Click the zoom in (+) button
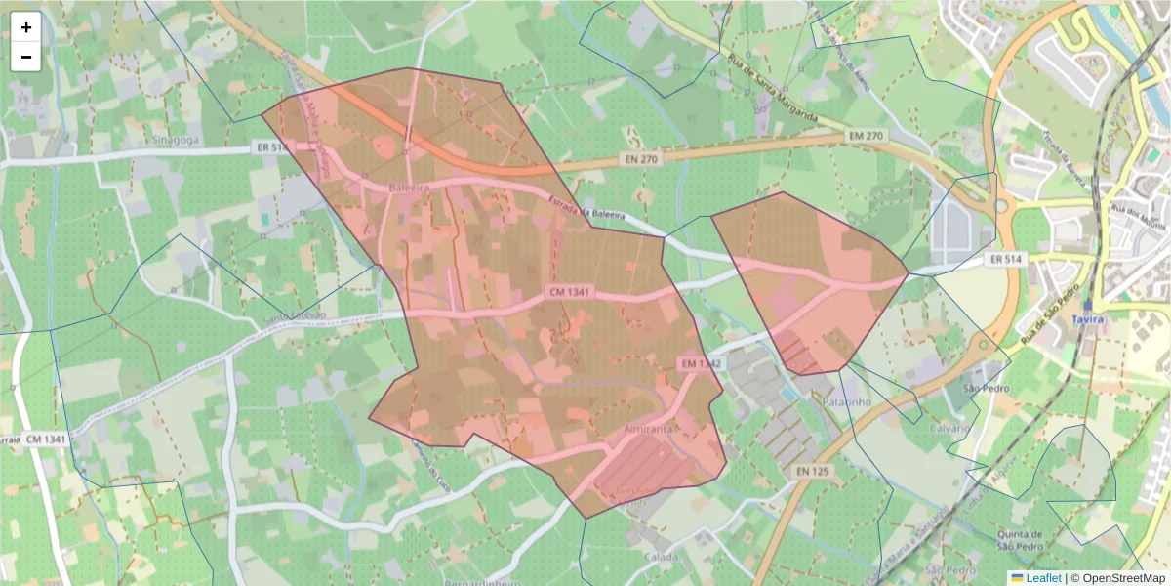pos(26,27)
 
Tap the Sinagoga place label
pos(176,140)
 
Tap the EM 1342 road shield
pos(701,363)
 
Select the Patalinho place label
pos(845,401)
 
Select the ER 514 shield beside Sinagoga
pos(271,147)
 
